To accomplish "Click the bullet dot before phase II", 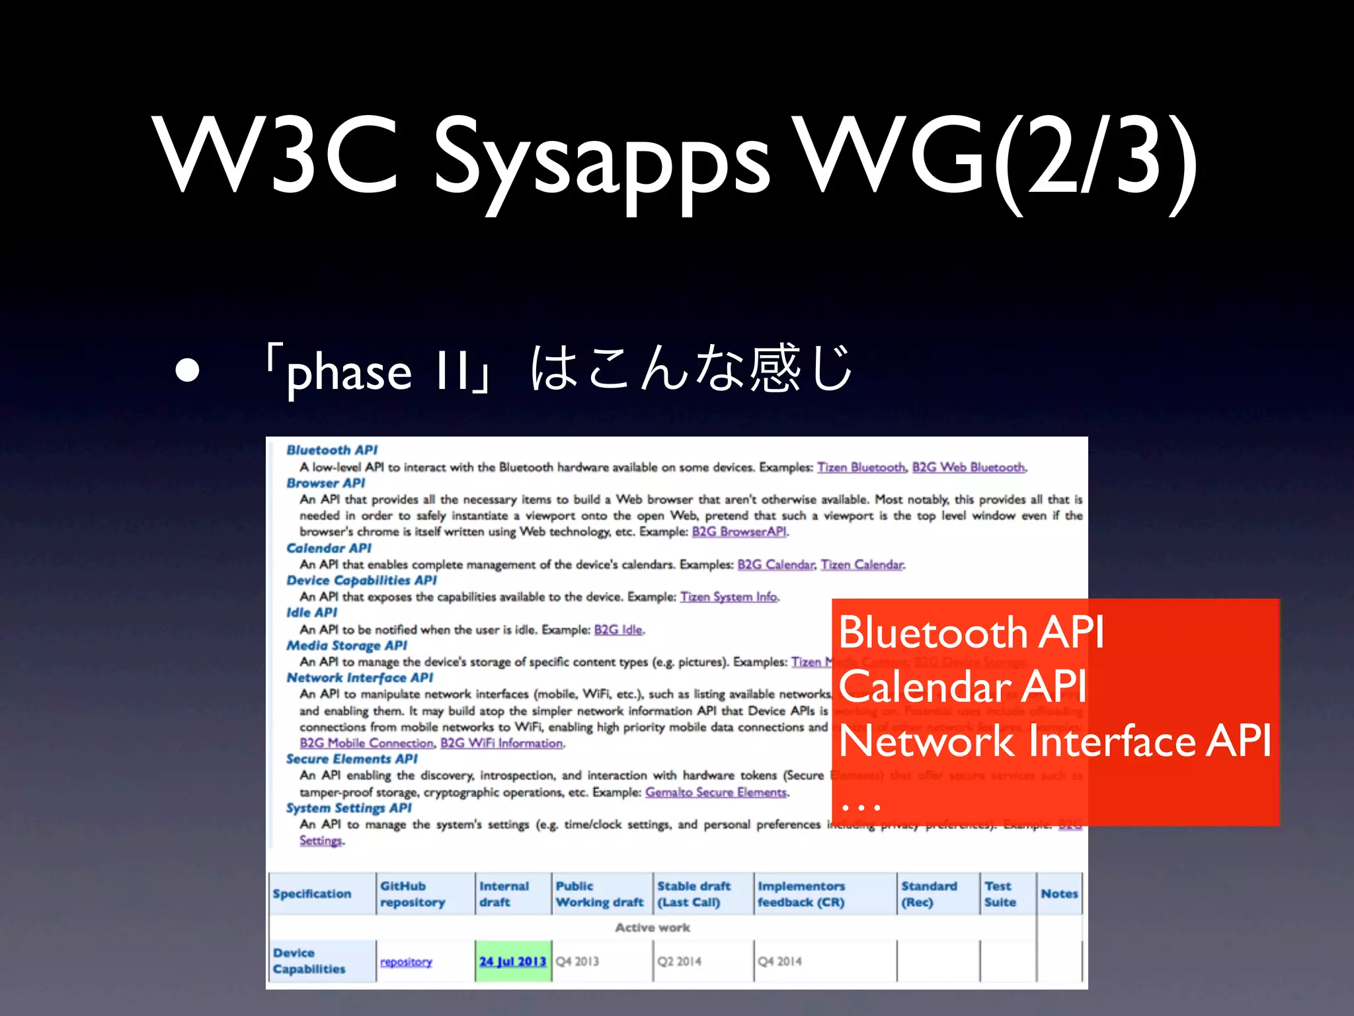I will point(188,370).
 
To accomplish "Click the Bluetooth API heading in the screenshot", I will point(331,450).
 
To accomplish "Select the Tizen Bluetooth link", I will point(860,468).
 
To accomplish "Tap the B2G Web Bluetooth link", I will point(968,468).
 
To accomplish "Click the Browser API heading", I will point(325,484).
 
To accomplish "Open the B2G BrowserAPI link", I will point(738,532).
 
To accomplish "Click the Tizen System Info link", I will point(729,597).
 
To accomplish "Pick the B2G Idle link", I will point(618,630).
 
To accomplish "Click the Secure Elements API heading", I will point(352,759).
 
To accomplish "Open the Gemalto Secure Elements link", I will point(715,792).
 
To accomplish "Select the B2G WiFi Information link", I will point(501,743).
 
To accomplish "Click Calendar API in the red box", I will point(962,686).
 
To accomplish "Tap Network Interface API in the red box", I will point(1055,740).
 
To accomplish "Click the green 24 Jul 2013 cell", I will point(513,961).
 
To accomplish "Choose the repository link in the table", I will point(406,962).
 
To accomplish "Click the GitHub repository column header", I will point(412,894).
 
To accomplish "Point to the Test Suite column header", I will point(999,894).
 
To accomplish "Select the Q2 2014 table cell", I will point(679,961).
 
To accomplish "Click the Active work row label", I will point(652,927).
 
